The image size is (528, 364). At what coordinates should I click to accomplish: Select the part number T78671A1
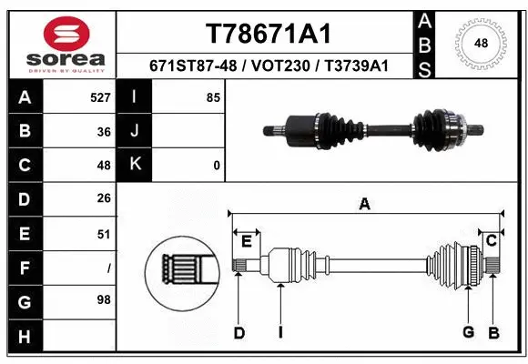click(265, 34)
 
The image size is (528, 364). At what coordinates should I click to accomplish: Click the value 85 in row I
click(213, 97)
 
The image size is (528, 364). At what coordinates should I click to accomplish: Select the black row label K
click(136, 166)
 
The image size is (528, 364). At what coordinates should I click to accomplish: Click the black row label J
click(136, 132)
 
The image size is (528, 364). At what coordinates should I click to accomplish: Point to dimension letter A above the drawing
click(364, 205)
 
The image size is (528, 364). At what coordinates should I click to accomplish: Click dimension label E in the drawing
click(246, 240)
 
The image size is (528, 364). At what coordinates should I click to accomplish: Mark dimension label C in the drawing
click(490, 240)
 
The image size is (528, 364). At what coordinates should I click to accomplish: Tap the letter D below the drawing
click(239, 333)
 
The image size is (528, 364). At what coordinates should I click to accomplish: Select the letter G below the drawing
click(468, 333)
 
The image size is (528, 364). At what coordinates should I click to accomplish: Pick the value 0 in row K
click(216, 166)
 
